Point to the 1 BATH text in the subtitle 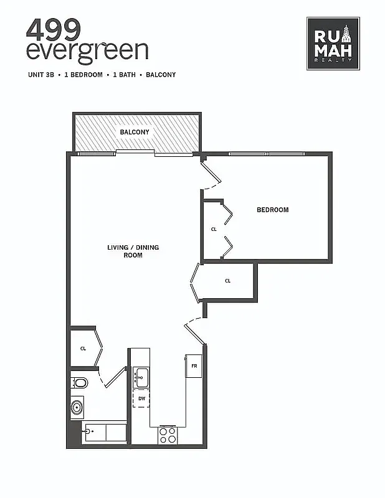tap(123, 75)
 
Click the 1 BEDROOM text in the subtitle tap(83, 75)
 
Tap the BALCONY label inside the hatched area tap(135, 132)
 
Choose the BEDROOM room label tap(273, 210)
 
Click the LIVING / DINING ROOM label tap(133, 251)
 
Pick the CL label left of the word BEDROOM tap(214, 230)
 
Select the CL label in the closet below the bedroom tap(228, 281)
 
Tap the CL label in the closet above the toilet tap(83, 349)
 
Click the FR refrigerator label tap(194, 366)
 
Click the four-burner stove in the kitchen tap(167, 435)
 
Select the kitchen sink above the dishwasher tap(141, 375)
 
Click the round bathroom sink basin tap(77, 408)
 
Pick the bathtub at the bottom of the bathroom tap(104, 432)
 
